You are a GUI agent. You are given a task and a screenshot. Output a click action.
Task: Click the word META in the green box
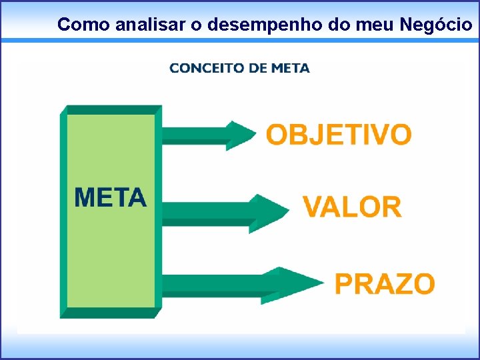[x=111, y=198]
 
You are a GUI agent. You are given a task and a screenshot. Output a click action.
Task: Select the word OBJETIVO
[x=339, y=135]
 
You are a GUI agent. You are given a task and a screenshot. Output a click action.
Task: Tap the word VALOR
[x=352, y=207]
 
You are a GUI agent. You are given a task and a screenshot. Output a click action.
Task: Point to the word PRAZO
[x=385, y=284]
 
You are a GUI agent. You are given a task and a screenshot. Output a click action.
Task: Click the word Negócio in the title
[x=436, y=25]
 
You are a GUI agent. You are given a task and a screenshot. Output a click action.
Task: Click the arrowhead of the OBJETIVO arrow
[x=240, y=135]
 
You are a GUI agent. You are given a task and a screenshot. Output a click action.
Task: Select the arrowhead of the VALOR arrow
[x=270, y=210]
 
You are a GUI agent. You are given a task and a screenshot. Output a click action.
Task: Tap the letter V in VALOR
[x=315, y=207]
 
